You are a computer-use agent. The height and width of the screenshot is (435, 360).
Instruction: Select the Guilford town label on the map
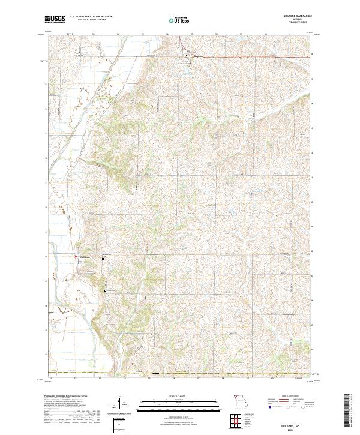pos(85,258)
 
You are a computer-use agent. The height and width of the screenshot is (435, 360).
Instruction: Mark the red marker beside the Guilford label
pos(75,257)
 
